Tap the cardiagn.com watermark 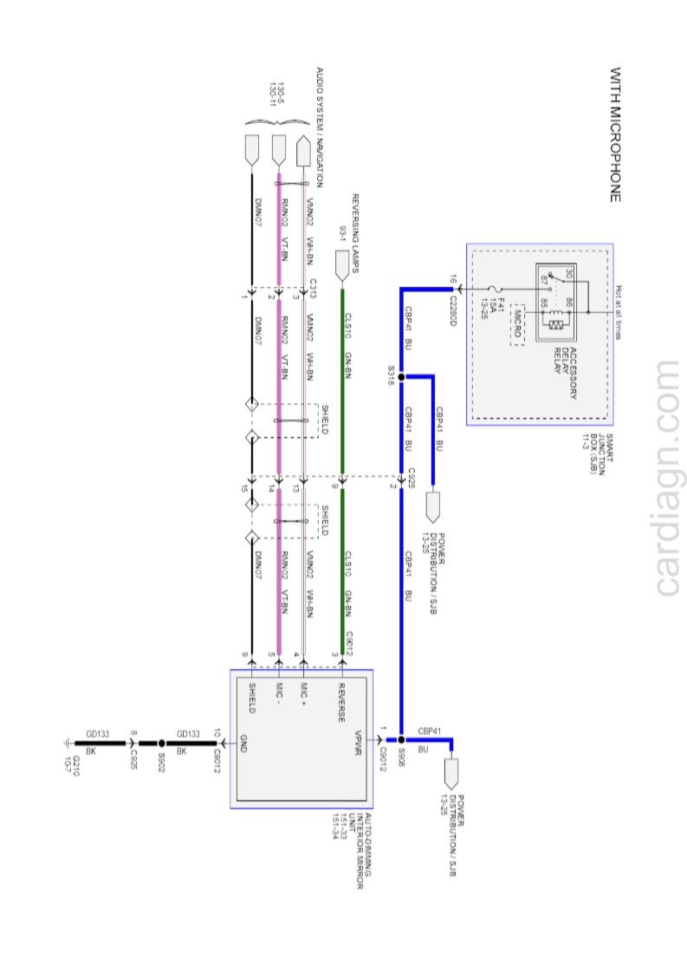(667, 478)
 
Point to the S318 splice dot (401, 377)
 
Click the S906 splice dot (401, 739)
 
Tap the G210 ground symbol (68, 744)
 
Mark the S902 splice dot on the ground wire (161, 744)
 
